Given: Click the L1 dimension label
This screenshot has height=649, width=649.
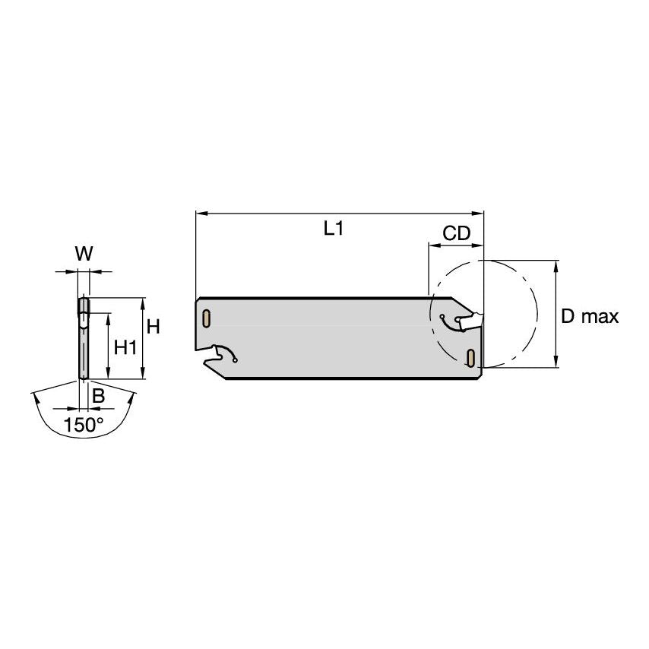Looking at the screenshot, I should coord(334,228).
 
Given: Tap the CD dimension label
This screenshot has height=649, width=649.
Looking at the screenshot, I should coord(457,233).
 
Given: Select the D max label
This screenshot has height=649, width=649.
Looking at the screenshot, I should coord(590,317).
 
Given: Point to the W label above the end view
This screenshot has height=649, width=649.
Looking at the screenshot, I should coord(84,255).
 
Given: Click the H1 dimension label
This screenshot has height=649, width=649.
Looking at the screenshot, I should coord(125,347).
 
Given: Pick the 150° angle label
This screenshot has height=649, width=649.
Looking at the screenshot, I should coord(84,425).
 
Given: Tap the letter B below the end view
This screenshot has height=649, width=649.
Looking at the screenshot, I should coord(98,396).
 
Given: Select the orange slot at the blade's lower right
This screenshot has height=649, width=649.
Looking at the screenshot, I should coord(471,357).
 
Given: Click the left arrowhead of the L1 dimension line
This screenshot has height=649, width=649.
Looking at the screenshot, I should coord(200,214).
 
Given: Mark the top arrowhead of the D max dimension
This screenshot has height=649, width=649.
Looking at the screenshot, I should coord(557,264).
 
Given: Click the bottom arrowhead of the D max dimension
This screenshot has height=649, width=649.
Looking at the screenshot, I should coord(557,363).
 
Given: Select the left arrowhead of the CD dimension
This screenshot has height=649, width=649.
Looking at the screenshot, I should coord(432,245).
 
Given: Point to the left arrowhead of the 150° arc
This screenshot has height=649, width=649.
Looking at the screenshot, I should coord(34,397).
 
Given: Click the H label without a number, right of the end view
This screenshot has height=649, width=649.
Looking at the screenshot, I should coord(154,327).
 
